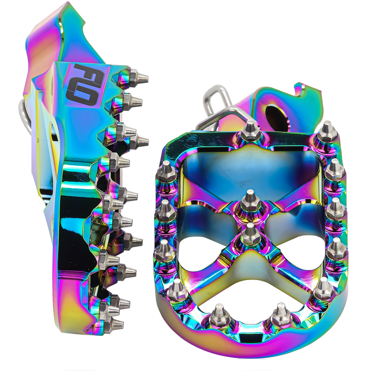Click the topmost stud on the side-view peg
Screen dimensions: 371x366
[x=137, y=77]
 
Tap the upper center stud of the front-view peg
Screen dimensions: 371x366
[x=250, y=202]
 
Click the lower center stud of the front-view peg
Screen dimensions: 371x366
[x=251, y=234]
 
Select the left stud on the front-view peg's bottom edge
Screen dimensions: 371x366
[x=219, y=316]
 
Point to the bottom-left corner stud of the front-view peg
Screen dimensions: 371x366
[x=177, y=290]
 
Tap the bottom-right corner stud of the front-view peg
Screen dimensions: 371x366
[x=323, y=289]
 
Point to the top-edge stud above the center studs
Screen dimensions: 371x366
[x=250, y=133]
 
